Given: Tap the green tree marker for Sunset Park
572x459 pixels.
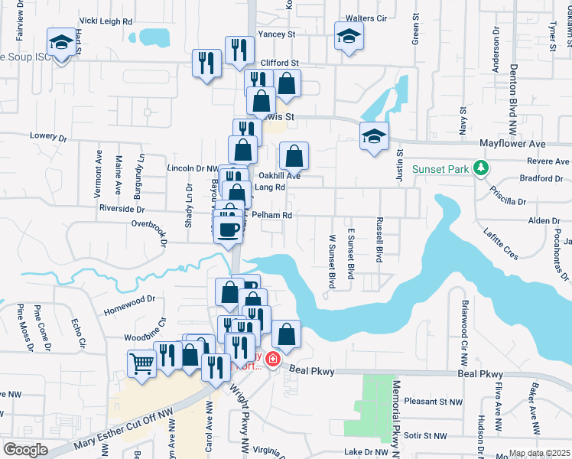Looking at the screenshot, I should (480, 168).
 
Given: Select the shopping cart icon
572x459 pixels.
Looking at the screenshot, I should (141, 363).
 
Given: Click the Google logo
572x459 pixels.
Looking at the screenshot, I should (25, 449).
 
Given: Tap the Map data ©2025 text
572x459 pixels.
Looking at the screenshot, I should (539, 453).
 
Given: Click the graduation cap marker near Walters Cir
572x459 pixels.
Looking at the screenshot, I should (349, 37).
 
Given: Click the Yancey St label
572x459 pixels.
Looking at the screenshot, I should (277, 34).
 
